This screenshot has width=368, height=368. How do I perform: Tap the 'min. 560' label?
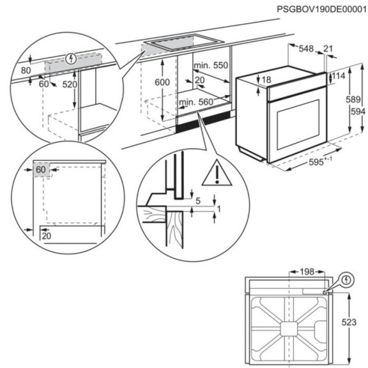point(195,102)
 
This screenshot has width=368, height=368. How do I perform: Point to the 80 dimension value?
point(26,70)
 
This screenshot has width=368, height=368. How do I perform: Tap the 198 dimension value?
point(307,272)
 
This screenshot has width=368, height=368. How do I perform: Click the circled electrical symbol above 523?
point(346,280)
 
